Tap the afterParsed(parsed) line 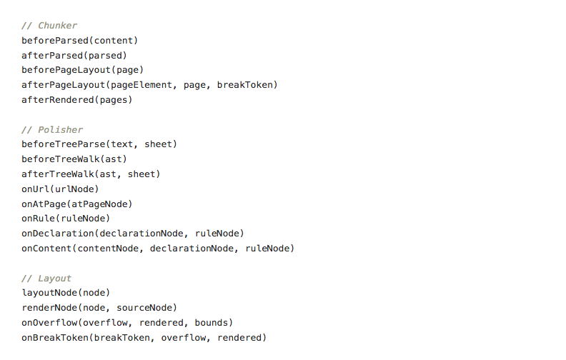pos(74,55)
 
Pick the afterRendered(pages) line pos(76,100)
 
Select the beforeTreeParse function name pos(60,144)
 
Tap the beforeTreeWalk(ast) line pos(74,159)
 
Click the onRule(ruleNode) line pos(66,219)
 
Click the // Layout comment pos(46,279)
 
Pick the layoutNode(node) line pos(66,293)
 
